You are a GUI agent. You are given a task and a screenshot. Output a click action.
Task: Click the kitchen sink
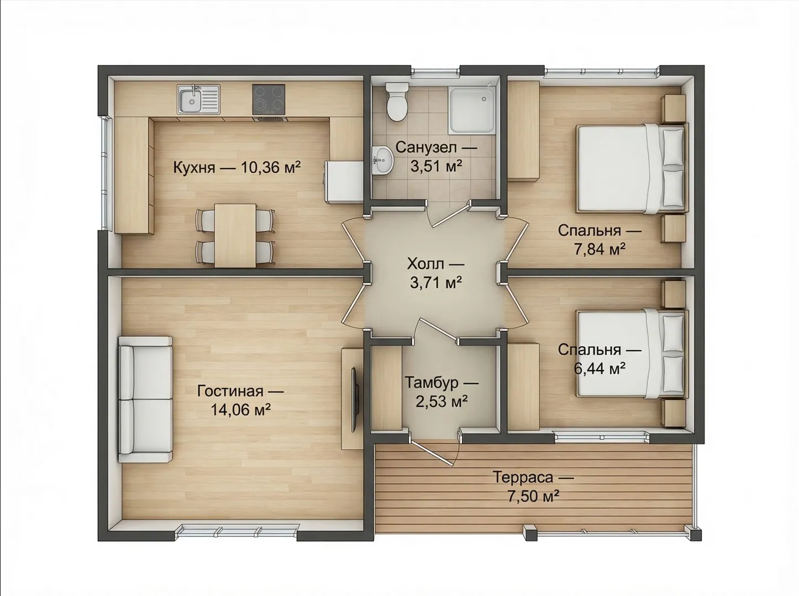[199, 99]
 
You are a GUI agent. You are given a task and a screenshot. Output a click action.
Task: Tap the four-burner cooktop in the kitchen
[269, 99]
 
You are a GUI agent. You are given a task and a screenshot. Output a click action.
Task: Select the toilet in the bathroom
[397, 102]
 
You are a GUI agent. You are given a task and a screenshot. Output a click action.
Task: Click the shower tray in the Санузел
[472, 110]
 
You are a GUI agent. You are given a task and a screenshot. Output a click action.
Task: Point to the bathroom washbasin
[382, 160]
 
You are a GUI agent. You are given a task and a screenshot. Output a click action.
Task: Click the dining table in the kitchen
[235, 235]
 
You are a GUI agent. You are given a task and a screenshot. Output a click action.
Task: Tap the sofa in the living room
[145, 399]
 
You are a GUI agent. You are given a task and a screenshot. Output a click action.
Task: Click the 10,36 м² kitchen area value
[270, 167]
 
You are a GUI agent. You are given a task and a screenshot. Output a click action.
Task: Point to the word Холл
[425, 264]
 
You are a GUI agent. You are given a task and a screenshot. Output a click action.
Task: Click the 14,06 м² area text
[240, 410]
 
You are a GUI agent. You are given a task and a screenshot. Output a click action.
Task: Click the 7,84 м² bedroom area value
[600, 249]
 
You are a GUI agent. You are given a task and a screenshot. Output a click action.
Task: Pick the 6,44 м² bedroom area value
[600, 368]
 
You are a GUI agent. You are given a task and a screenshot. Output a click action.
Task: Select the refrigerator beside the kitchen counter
[344, 181]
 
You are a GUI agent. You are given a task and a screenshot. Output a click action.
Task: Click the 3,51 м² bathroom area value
[437, 166]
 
